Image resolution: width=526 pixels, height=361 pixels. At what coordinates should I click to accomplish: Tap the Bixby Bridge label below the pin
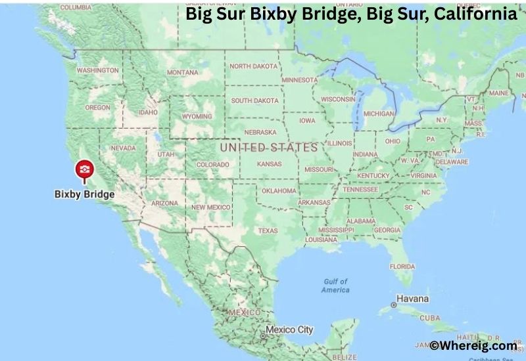pos(84,194)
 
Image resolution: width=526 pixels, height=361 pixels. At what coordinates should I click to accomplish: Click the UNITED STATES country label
pos(268,147)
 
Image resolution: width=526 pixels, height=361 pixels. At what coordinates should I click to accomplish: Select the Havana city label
pos(412,299)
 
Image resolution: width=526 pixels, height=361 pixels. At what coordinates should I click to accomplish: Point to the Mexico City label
pos(289,329)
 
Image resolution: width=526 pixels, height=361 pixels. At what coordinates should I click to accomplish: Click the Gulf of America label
pos(335,286)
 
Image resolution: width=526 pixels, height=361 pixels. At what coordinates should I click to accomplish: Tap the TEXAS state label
pos(268,231)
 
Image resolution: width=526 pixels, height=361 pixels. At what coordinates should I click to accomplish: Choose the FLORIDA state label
pos(402,266)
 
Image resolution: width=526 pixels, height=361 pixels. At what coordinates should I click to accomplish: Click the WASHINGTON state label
pos(97,70)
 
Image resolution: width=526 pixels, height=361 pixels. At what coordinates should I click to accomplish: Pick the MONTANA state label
pos(182,72)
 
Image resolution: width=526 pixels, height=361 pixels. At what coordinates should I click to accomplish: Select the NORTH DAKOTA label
pos(253,66)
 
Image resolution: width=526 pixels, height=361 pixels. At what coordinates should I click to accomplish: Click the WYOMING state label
pos(197,116)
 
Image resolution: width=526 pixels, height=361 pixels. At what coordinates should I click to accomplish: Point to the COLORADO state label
pos(212,165)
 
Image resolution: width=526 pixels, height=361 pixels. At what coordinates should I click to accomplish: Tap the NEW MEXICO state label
pos(210,207)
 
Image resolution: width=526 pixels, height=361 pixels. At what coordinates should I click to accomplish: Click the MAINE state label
pos(498,93)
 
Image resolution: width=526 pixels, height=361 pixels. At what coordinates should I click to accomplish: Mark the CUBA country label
pos(429,318)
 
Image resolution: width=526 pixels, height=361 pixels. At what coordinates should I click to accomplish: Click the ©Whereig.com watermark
pos(473,345)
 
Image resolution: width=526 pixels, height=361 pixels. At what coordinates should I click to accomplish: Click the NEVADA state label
pos(123,148)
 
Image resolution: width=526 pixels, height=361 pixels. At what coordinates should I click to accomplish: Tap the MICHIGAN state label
pos(379,114)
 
